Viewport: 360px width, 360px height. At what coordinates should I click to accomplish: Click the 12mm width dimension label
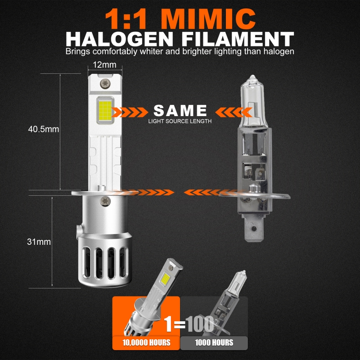coord(104,65)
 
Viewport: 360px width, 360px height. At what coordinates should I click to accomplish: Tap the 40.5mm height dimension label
coord(44,129)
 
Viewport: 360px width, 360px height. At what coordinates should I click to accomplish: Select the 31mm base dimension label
coord(39,242)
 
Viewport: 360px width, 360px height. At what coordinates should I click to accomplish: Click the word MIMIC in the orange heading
coord(208,19)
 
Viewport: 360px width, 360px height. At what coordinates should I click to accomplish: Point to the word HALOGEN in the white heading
coord(119,39)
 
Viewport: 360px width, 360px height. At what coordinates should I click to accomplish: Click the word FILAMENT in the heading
coord(238,39)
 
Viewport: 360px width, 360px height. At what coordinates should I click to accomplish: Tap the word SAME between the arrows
coord(180,110)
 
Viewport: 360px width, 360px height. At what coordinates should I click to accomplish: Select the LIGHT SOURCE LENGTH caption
coord(180,121)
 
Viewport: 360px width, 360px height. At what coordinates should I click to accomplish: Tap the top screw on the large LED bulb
coord(105,84)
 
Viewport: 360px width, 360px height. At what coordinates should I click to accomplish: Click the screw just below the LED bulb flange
coord(105,201)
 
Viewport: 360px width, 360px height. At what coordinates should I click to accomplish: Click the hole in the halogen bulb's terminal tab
coord(254,229)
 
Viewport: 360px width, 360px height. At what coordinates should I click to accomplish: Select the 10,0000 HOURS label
coord(146,343)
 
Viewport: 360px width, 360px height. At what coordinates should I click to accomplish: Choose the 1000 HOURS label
coord(214,343)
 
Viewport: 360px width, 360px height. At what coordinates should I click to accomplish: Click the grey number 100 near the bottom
coord(200,324)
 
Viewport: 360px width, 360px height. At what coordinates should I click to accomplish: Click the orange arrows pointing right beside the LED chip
coord(130,112)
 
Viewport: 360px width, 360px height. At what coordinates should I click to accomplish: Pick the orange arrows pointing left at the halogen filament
coord(234,112)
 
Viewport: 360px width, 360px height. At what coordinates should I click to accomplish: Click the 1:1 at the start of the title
coord(126,19)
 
